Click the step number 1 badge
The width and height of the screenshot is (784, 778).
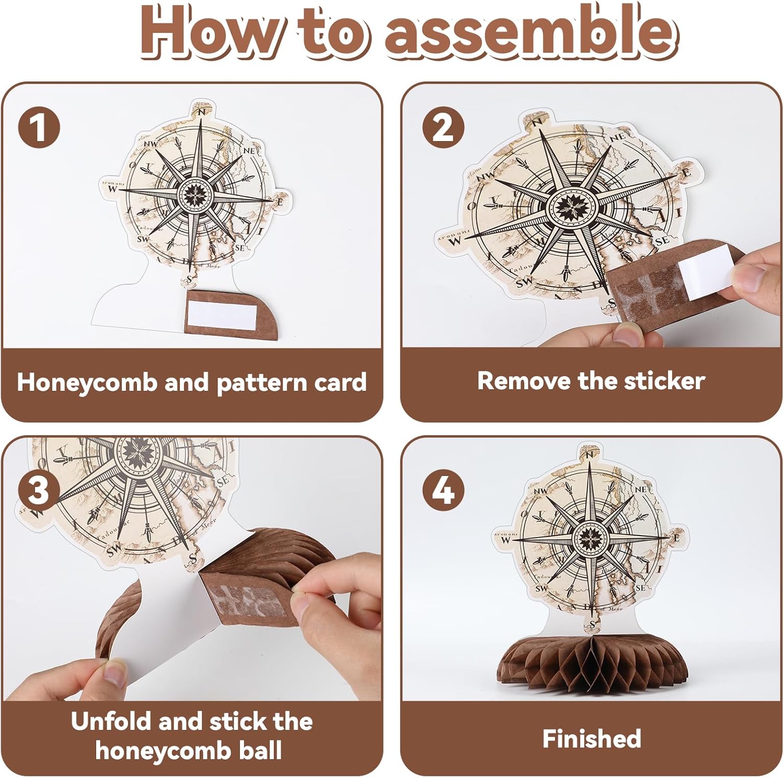tap(39, 128)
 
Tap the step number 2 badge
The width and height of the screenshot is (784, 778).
tap(443, 127)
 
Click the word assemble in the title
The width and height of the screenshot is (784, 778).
tap(528, 32)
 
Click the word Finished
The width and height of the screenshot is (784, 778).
tap(592, 739)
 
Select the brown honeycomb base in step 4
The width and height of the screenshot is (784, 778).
tap(592, 663)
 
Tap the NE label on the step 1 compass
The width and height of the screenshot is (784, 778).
tap(250, 150)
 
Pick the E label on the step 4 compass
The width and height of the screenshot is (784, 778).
tap(676, 537)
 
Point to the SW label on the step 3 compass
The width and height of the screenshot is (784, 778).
tap(113, 550)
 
